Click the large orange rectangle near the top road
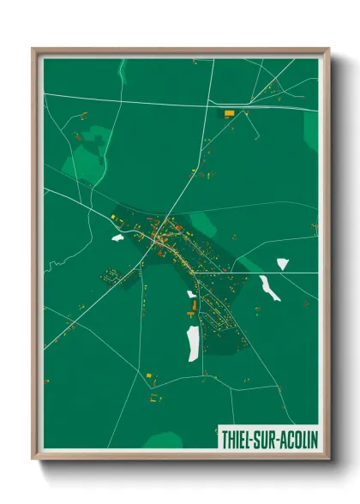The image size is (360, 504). click(x=229, y=113)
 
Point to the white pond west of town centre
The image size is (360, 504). click(x=117, y=237)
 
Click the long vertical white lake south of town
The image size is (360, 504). click(x=194, y=342)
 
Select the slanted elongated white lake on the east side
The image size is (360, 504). click(x=270, y=288)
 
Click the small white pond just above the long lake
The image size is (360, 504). click(x=192, y=295)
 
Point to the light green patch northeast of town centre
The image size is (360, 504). click(x=203, y=224)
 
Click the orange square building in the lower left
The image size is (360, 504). click(x=151, y=375)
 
